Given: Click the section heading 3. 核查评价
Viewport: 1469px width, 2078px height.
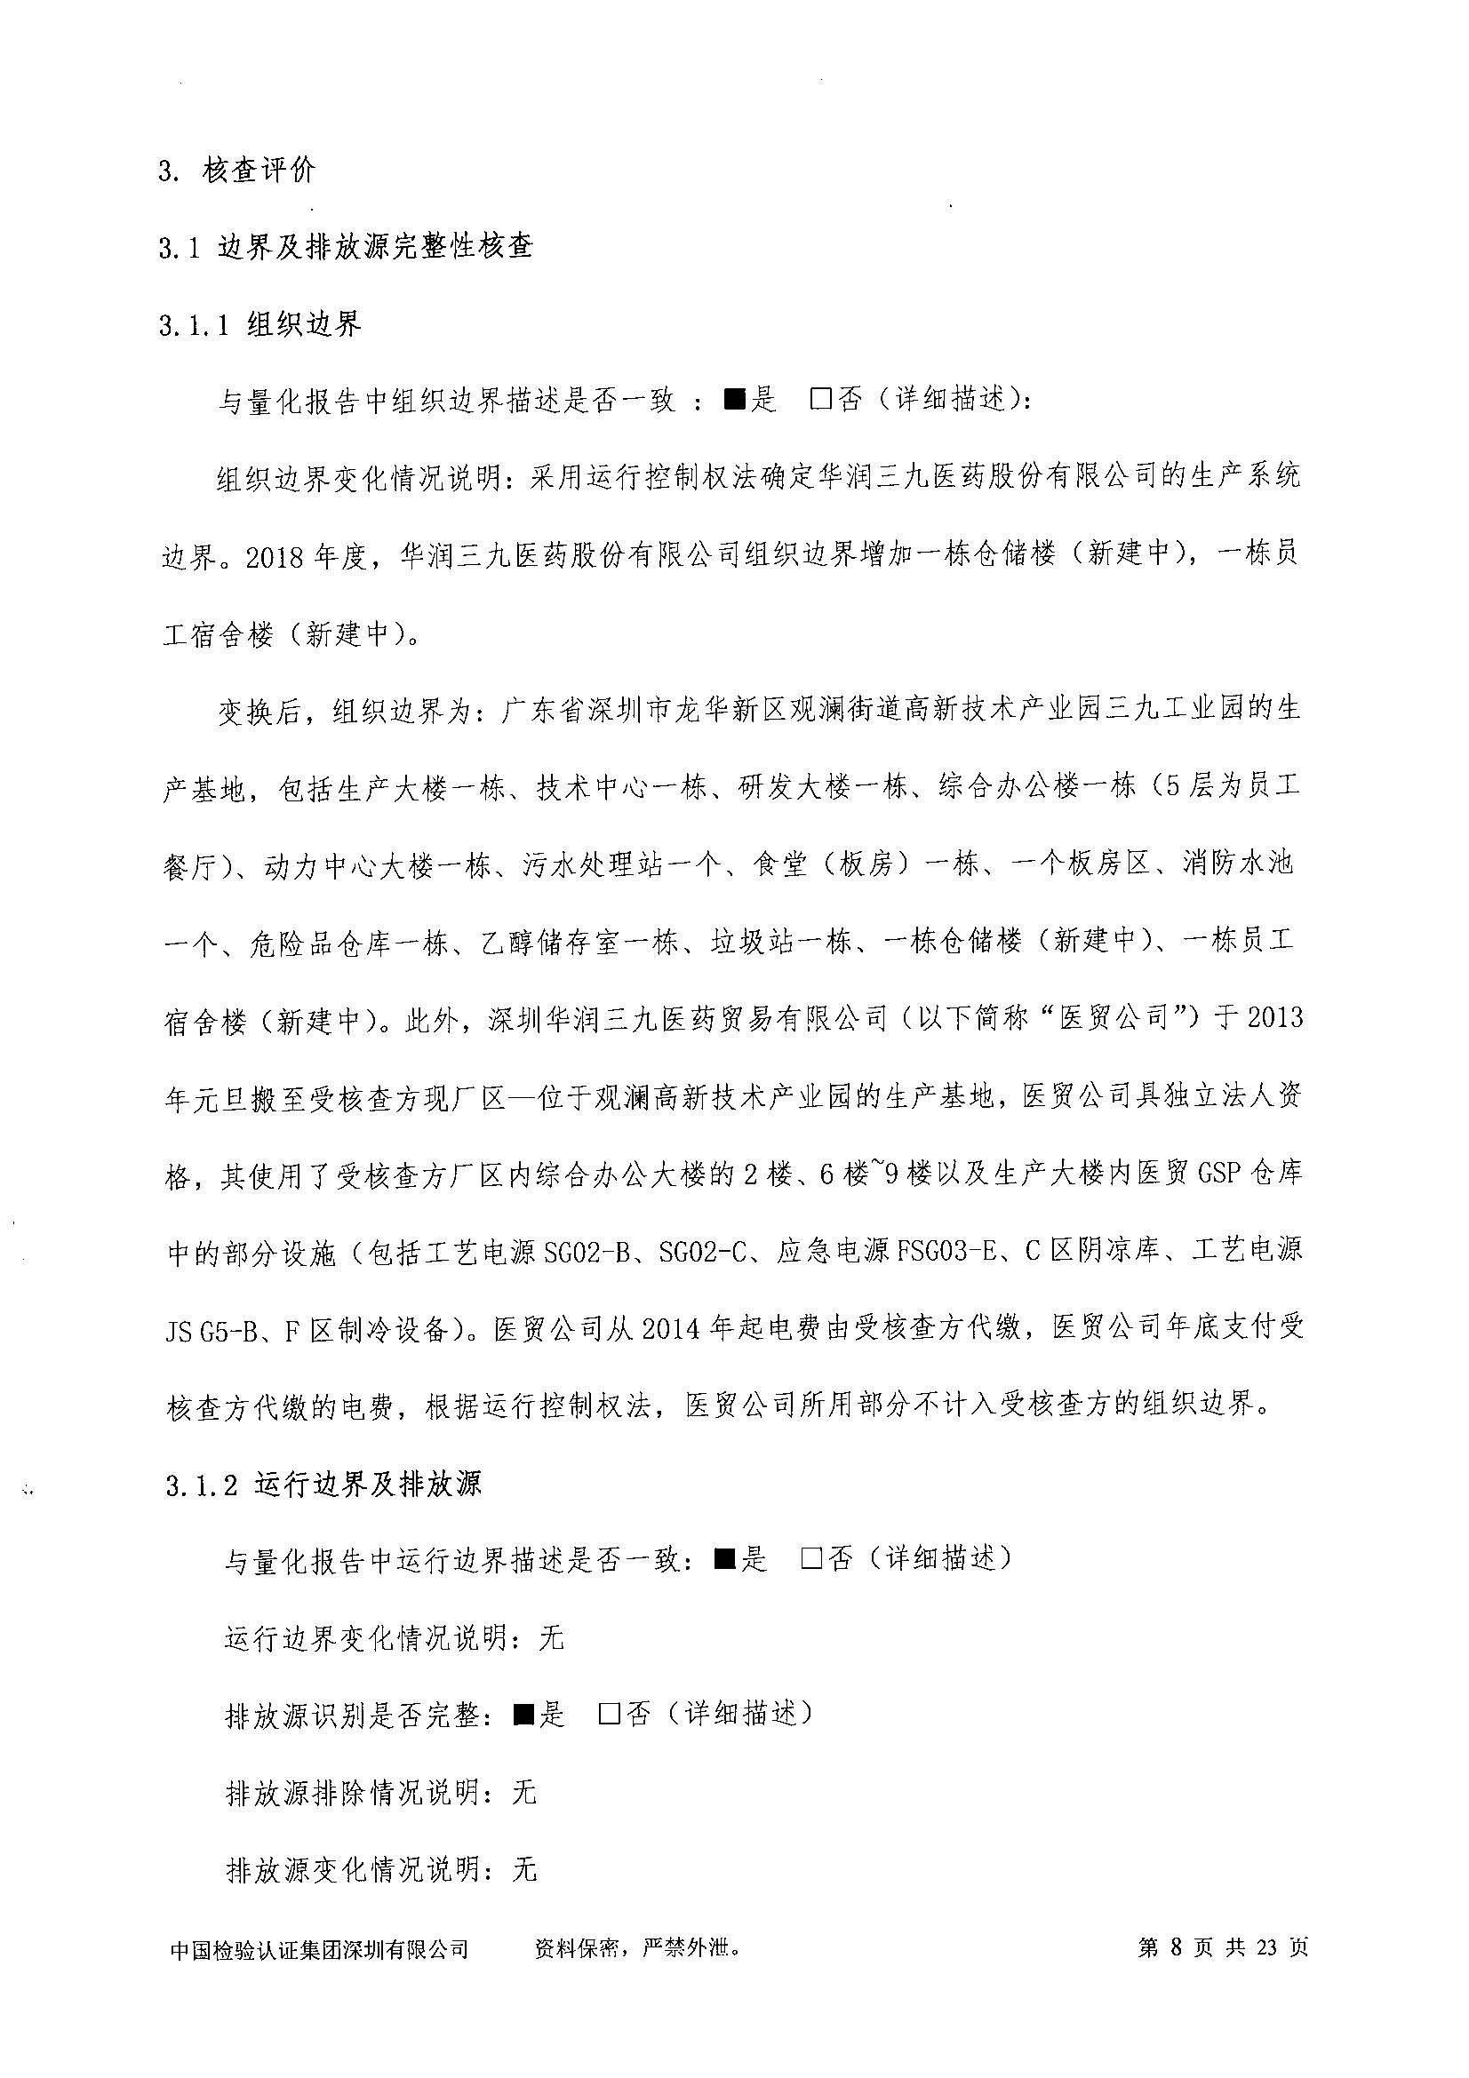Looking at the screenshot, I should coord(237,171).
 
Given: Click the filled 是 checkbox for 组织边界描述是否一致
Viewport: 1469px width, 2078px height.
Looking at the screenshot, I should coord(733,400).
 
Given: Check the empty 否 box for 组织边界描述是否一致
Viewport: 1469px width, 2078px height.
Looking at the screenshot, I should coord(820,400).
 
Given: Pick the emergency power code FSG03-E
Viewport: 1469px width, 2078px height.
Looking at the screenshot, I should coord(946,1252).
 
